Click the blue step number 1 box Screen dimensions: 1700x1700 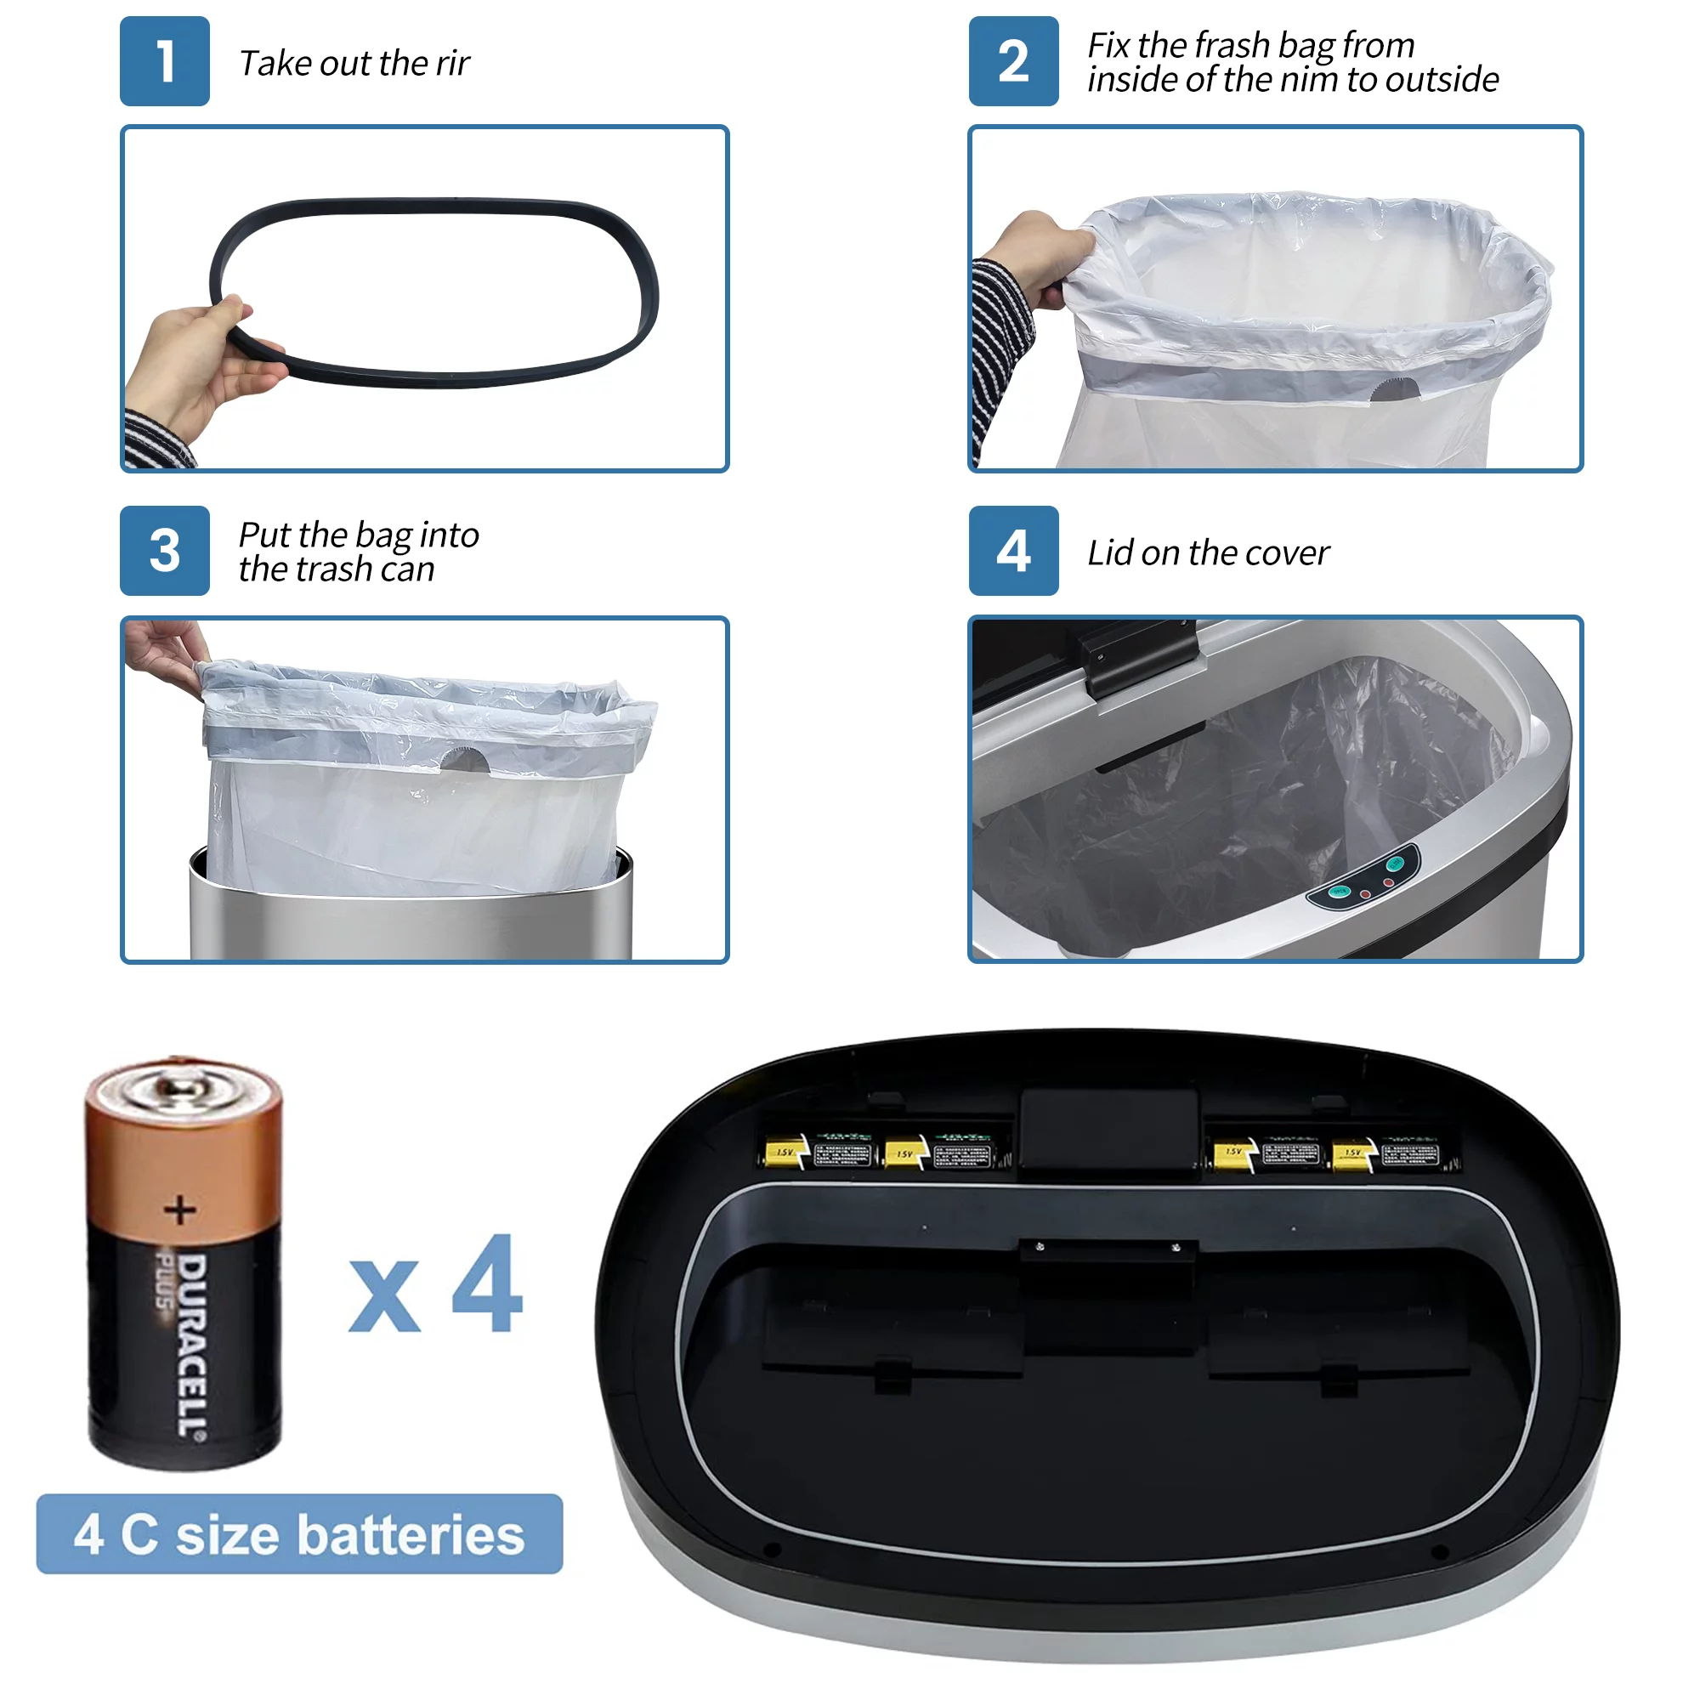[x=165, y=61]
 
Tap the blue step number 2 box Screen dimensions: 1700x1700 [x=1014, y=61]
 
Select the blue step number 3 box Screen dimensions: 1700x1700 [x=165, y=551]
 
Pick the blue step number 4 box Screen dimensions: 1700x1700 [x=1014, y=551]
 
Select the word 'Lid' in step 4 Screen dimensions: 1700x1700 [x=1109, y=553]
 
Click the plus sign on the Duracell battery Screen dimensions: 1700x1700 [x=180, y=1210]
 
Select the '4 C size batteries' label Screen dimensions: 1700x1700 [x=299, y=1534]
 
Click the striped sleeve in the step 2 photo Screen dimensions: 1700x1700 [x=1001, y=352]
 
